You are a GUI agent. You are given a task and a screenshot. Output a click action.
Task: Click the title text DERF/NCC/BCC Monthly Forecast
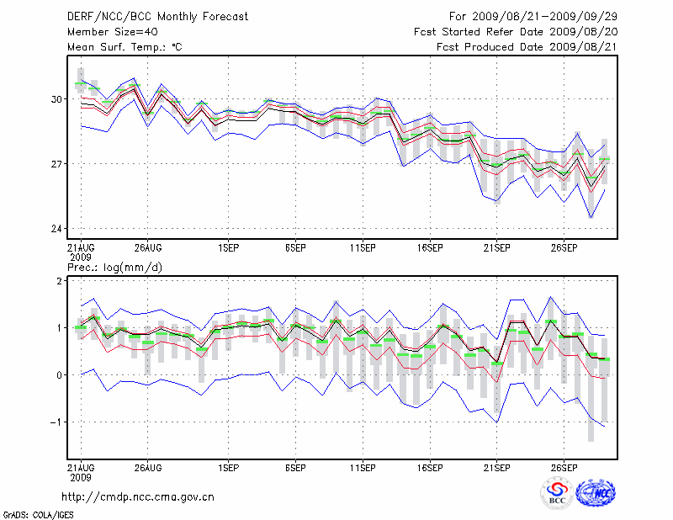coord(157,17)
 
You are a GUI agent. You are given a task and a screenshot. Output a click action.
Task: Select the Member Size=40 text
coord(112,32)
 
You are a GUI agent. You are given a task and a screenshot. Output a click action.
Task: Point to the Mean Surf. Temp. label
coord(124,47)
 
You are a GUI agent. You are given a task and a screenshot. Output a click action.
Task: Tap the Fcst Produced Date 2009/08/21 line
coord(527,47)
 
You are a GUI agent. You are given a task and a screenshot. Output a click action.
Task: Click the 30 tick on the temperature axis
coord(57,99)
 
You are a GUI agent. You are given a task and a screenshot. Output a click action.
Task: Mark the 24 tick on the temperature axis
coord(57,229)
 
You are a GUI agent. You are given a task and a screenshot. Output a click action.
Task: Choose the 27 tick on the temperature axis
coord(57,163)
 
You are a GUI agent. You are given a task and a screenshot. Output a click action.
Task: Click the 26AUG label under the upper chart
coord(147,249)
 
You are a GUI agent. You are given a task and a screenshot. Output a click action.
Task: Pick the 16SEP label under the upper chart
coord(430,249)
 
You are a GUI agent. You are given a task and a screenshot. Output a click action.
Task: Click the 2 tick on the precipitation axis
coord(60,281)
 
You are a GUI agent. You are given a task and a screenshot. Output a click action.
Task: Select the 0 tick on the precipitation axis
coord(60,375)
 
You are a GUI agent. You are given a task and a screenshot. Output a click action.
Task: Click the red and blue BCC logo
coord(557,494)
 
